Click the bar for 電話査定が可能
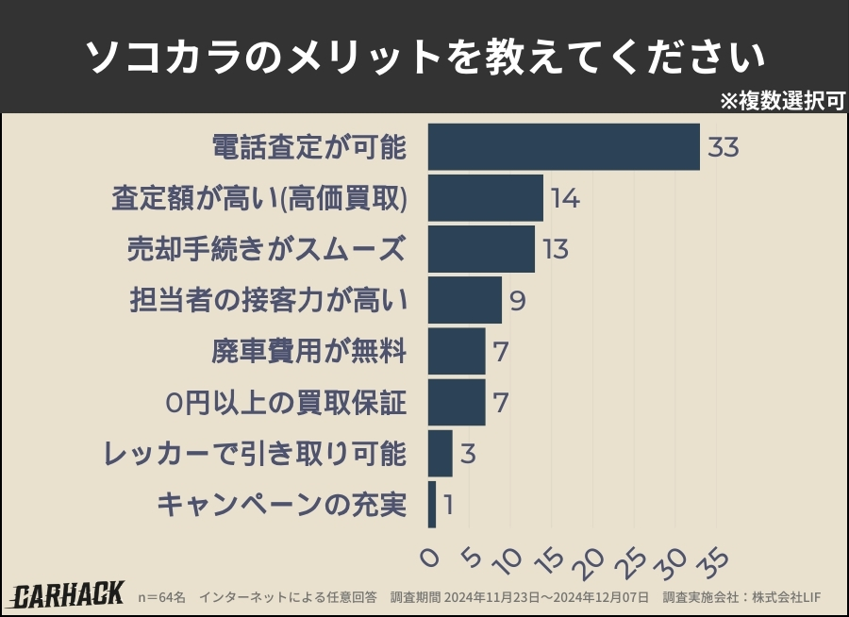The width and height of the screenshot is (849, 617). tap(563, 147)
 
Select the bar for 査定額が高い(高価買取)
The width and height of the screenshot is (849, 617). tap(485, 198)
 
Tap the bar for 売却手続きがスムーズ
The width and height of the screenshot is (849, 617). tap(481, 249)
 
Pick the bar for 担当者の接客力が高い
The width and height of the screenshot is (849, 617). tap(464, 300)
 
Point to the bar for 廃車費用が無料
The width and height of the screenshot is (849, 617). tap(457, 352)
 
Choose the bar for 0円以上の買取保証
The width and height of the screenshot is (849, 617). tap(457, 403)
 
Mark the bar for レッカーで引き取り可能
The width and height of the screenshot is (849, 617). tap(440, 454)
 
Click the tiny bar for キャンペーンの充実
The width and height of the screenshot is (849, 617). tap(432, 505)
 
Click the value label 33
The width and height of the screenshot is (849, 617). tap(722, 148)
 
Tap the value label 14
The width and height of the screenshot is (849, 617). tap(565, 199)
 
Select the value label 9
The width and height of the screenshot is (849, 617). tap(517, 301)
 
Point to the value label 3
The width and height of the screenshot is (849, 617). tap(468, 455)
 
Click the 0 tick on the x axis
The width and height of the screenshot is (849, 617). tap(430, 558)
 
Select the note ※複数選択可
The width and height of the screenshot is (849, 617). tap(782, 101)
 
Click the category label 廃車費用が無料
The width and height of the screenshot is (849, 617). tap(308, 352)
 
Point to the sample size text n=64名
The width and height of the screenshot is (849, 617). tap(162, 597)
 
